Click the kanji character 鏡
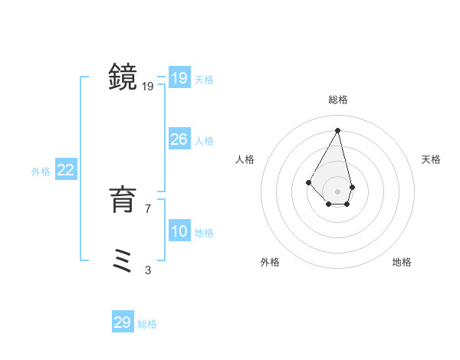click(x=123, y=78)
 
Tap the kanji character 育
click(x=123, y=201)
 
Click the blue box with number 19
click(x=179, y=78)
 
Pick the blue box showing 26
click(x=179, y=139)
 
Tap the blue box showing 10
click(x=179, y=231)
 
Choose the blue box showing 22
click(x=66, y=170)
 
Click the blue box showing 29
click(x=122, y=322)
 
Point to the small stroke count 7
click(x=148, y=208)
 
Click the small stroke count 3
click(x=148, y=270)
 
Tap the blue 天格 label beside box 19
click(x=204, y=80)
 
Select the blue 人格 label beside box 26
click(x=204, y=141)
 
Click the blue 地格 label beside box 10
click(x=204, y=233)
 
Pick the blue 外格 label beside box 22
click(x=41, y=172)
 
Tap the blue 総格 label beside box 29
click(x=147, y=324)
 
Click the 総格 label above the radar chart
click(x=338, y=100)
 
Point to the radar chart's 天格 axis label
click(x=431, y=159)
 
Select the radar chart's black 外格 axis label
click(x=270, y=262)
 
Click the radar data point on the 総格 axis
click(x=338, y=129)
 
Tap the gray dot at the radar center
click(x=338, y=191)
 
